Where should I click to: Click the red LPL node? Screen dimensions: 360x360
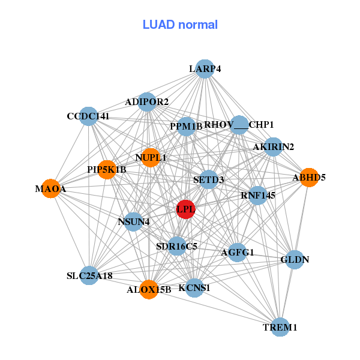click(185, 209)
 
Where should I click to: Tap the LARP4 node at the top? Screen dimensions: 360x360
click(205, 69)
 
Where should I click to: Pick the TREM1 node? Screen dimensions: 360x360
click(280, 327)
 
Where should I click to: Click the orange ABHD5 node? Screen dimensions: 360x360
click(308, 178)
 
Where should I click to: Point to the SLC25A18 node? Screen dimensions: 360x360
click(89, 275)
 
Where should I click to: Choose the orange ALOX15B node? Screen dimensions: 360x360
click(149, 289)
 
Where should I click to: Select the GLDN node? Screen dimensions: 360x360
click(295, 260)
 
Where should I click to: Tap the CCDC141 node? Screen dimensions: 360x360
click(88, 116)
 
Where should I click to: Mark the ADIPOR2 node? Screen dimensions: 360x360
click(147, 102)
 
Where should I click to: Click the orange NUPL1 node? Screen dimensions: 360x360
click(150, 157)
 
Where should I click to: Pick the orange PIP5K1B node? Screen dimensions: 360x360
click(107, 170)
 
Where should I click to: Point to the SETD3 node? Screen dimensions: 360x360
click(208, 179)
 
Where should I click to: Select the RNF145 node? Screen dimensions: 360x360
click(257, 195)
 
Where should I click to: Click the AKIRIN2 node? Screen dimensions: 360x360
click(273, 147)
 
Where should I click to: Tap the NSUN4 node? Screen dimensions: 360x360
click(134, 221)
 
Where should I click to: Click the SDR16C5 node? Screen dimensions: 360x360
click(176, 245)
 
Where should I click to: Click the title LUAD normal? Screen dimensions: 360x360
click(180, 25)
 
